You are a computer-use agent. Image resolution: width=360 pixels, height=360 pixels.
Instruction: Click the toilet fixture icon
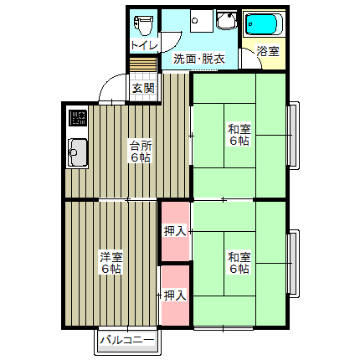pyautogui.click(x=144, y=21)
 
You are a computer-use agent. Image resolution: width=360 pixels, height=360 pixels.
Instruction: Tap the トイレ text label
pyautogui.click(x=144, y=46)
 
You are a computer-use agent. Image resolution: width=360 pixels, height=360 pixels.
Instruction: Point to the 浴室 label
pyautogui.click(x=267, y=52)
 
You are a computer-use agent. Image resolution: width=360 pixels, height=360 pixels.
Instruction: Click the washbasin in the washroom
pyautogui.click(x=225, y=22)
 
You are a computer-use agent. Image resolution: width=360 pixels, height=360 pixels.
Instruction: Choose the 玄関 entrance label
pyautogui.click(x=142, y=87)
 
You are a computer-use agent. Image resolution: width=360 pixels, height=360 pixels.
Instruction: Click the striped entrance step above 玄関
pyautogui.click(x=142, y=66)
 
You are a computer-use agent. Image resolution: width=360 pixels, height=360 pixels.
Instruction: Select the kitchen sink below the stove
pyautogui.click(x=77, y=153)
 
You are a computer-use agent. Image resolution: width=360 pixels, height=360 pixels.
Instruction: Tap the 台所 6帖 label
pyautogui.click(x=140, y=151)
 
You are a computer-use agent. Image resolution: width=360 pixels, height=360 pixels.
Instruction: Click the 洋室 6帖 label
pyautogui.click(x=111, y=262)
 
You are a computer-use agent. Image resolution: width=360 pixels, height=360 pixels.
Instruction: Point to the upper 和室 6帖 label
pyautogui.click(x=239, y=135)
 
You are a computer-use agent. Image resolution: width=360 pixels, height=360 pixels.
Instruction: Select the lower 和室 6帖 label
pyautogui.click(x=239, y=262)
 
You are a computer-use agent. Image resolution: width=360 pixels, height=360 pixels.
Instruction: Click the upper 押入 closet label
pyautogui.click(x=174, y=231)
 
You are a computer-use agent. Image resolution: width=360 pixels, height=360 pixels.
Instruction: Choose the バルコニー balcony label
pyautogui.click(x=126, y=341)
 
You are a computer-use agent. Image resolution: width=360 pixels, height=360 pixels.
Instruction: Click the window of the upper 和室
pyautogui.click(x=293, y=135)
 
